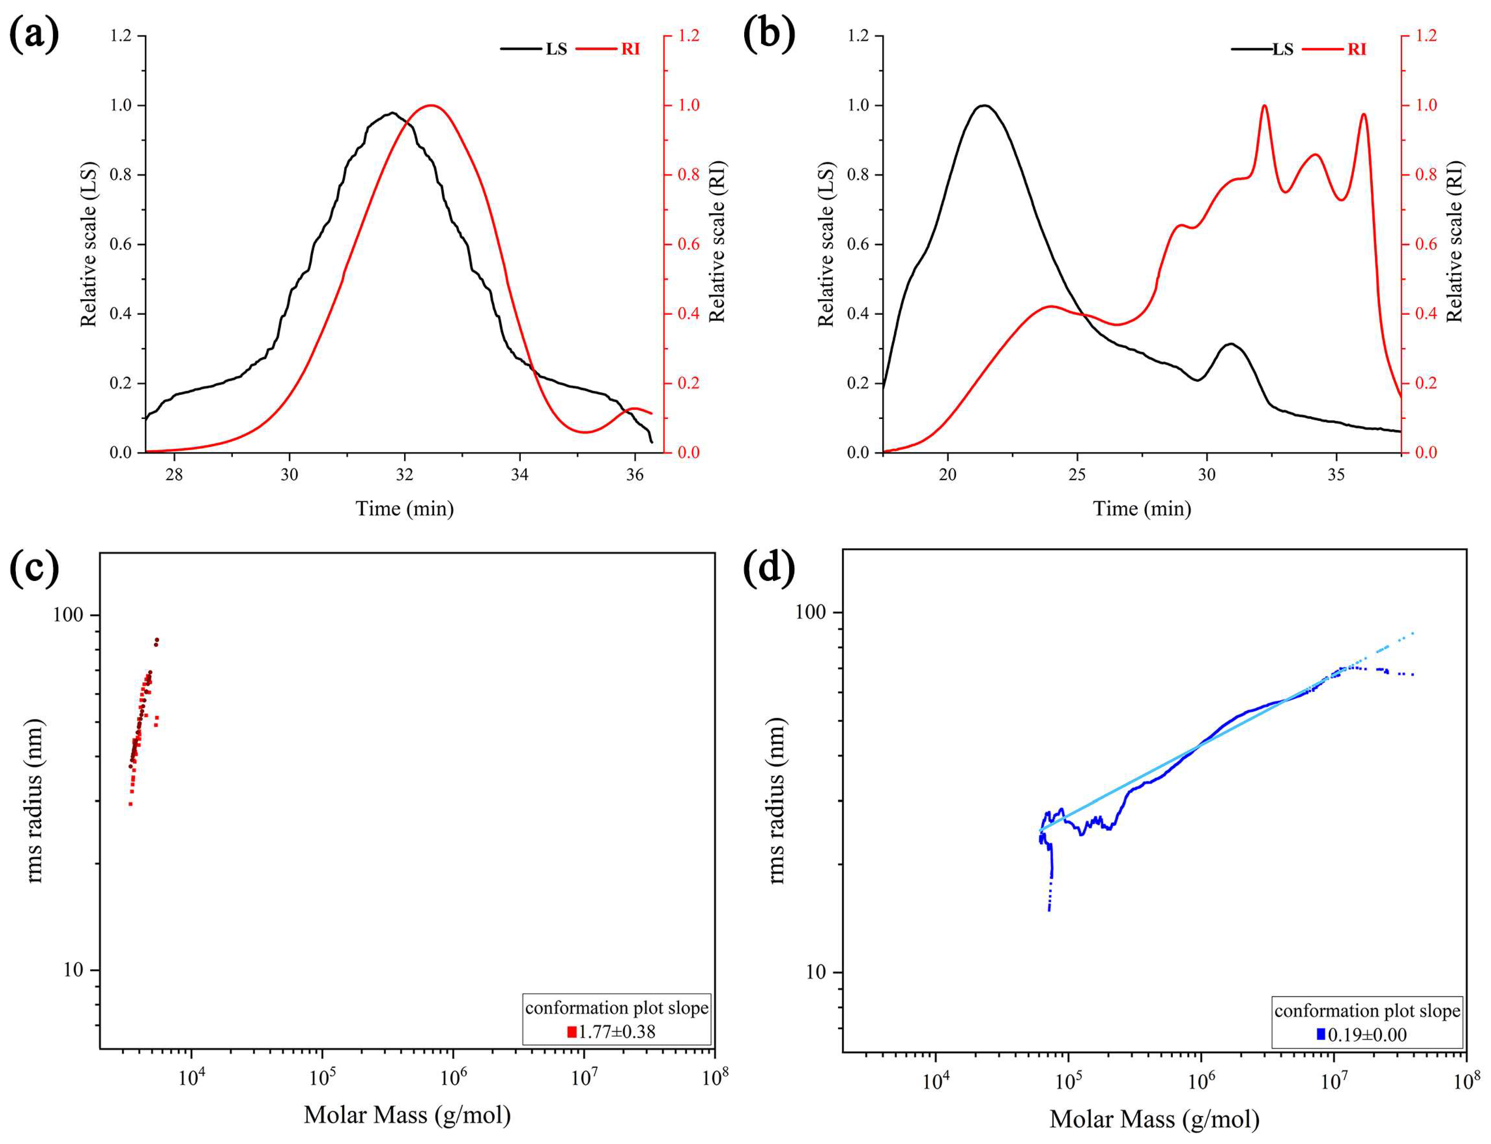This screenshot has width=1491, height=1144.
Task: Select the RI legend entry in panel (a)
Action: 630,49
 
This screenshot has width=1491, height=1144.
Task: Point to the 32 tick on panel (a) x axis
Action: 405,475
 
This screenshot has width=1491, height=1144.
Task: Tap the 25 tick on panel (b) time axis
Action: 1077,475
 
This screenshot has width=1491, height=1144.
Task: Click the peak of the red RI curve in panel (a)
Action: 430,106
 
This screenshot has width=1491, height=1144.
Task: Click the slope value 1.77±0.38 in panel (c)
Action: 616,1032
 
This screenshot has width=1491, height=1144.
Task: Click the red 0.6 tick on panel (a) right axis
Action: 688,245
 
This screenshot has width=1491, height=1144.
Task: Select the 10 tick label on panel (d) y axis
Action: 815,972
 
